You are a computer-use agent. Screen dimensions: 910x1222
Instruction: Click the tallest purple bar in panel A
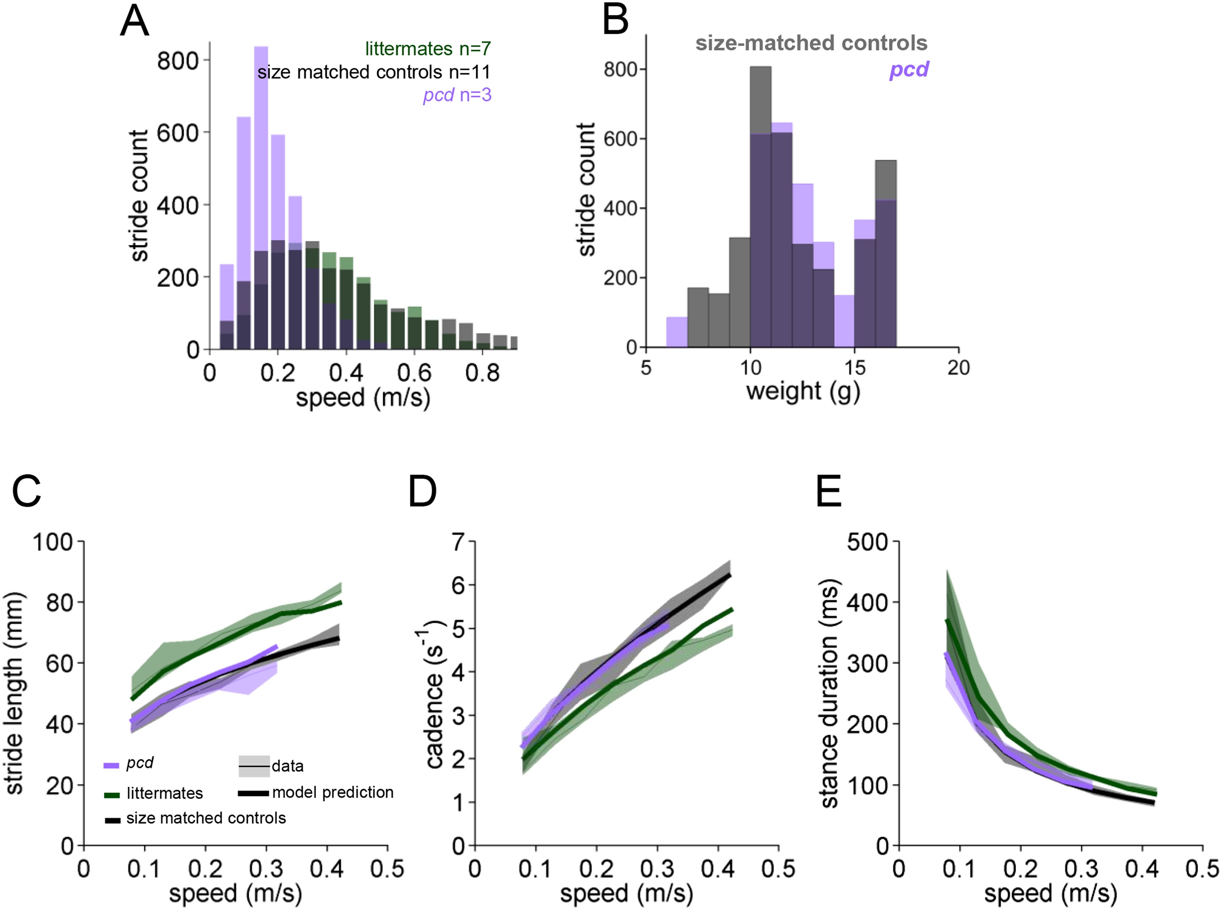click(x=261, y=165)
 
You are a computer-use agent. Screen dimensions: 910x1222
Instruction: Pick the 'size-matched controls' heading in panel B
click(x=811, y=43)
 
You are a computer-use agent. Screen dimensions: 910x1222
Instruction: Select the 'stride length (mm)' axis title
click(x=15, y=693)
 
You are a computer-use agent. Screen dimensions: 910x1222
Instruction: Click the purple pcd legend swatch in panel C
click(x=111, y=765)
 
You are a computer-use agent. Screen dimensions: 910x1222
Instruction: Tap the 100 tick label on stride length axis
click(x=53, y=542)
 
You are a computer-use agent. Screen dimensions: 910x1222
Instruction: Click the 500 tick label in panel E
click(x=868, y=542)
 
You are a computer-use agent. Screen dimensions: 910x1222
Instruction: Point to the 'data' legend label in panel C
click(x=288, y=766)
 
